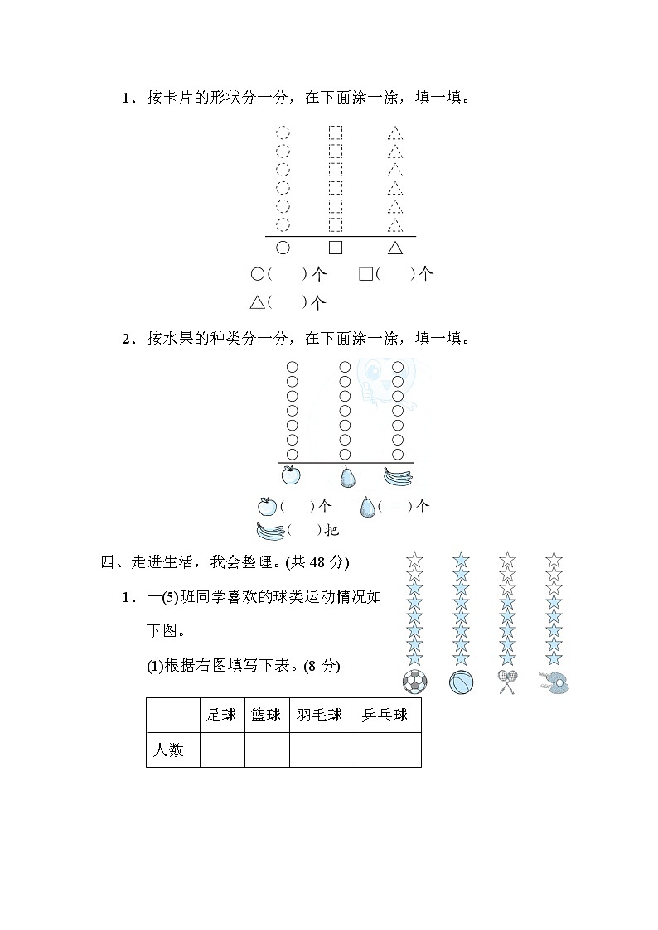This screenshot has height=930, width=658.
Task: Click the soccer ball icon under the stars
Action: (x=414, y=682)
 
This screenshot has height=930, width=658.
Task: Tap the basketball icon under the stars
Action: (x=462, y=682)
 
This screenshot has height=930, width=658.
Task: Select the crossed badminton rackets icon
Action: (x=507, y=682)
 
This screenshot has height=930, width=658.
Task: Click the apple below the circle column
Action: (x=291, y=475)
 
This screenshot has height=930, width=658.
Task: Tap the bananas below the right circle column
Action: (x=399, y=475)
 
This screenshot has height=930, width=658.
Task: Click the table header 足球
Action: (x=221, y=716)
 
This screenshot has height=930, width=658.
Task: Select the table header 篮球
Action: (x=266, y=716)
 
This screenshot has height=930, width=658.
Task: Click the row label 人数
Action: (x=169, y=750)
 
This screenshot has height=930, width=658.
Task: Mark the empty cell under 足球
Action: (x=222, y=750)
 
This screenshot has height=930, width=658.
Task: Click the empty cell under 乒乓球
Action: (x=388, y=750)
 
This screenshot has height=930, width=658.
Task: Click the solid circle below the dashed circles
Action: (x=283, y=247)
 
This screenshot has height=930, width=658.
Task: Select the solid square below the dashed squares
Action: (x=336, y=247)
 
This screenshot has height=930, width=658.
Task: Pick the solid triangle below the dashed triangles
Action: (x=395, y=247)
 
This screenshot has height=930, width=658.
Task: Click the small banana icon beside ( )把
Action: (x=270, y=530)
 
